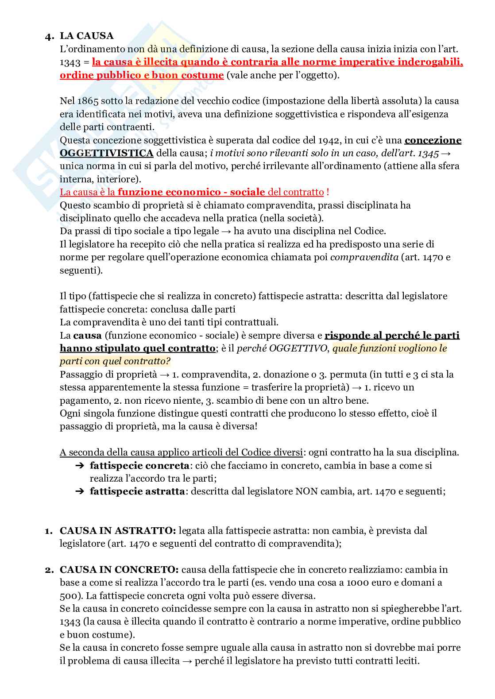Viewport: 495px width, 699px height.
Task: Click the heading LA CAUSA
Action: coord(87,36)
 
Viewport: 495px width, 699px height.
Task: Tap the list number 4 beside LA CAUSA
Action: coord(49,37)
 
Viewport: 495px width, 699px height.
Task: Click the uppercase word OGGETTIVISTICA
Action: coord(107,153)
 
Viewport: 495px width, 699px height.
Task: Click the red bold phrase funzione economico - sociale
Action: coord(191,192)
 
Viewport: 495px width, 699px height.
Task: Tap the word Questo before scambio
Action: coord(74,205)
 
